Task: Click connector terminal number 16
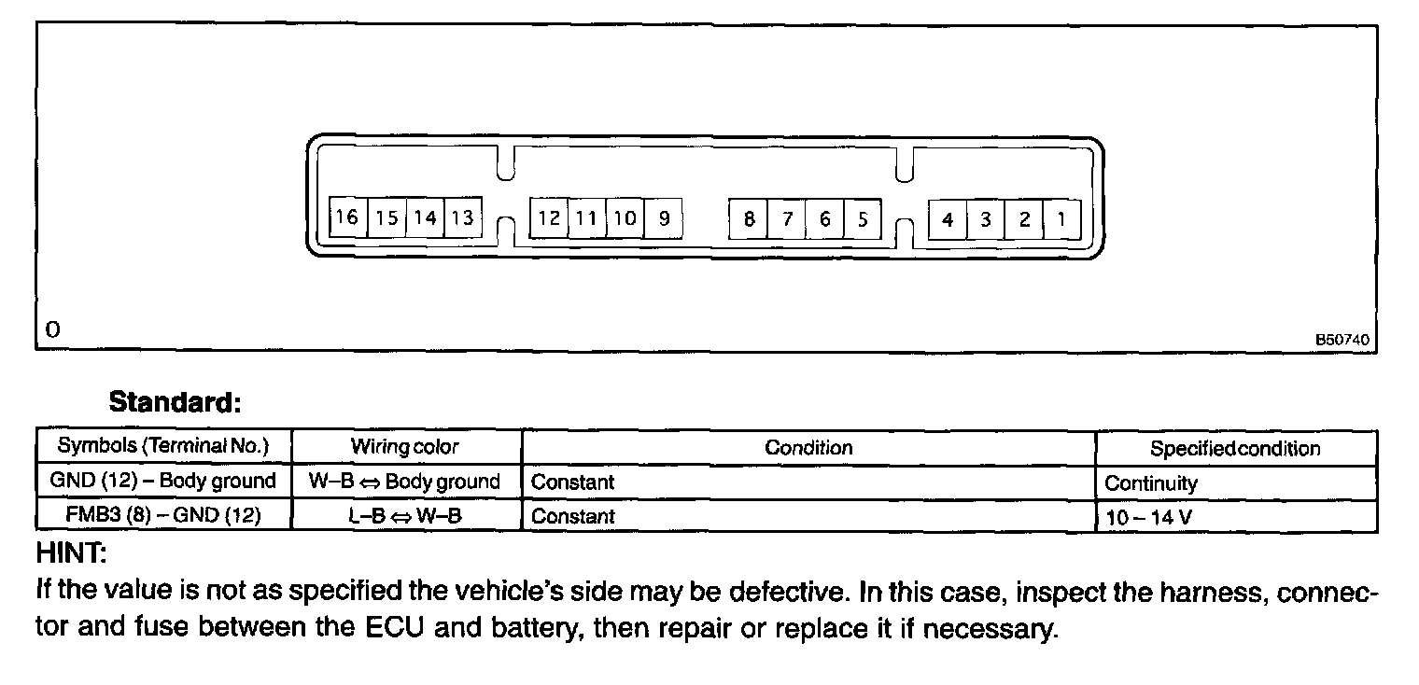(347, 218)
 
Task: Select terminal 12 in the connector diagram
(549, 218)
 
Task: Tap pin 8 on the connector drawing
(749, 219)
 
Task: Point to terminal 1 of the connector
(1061, 219)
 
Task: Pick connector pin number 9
(664, 218)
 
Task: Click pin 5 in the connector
(863, 219)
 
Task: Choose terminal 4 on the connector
(948, 219)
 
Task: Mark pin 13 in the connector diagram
(462, 218)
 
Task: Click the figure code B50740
(1342, 340)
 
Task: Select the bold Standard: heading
(176, 403)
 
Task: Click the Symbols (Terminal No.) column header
(163, 446)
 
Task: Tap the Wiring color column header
(405, 447)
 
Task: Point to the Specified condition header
(1235, 448)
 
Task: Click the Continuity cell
(1150, 483)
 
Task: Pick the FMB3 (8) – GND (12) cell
(163, 515)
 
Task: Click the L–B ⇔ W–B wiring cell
(405, 515)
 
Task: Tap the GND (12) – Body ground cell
(163, 482)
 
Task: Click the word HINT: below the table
(71, 553)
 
